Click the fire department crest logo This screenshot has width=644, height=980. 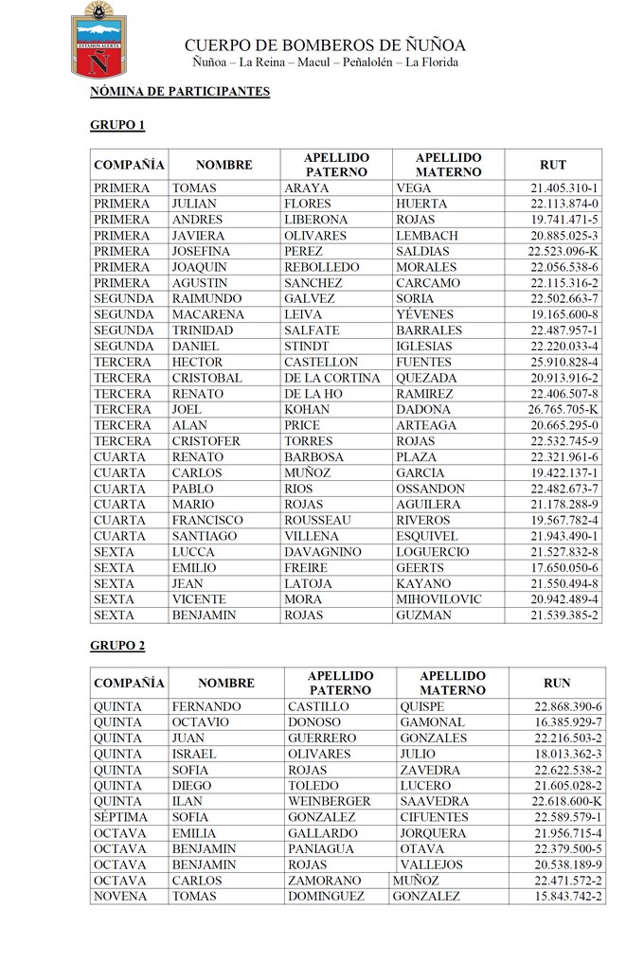98,41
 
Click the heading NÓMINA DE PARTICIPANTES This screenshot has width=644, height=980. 180,92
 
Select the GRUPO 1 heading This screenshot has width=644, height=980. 117,125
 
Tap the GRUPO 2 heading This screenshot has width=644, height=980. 117,646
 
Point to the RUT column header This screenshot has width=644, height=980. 553,165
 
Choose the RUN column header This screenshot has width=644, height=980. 557,683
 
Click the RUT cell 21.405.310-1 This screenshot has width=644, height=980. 564,188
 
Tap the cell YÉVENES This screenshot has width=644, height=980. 425,314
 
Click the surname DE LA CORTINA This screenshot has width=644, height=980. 331,378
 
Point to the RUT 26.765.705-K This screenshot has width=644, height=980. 563,410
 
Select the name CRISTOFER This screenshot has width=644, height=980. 206,441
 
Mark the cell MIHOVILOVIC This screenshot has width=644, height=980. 438,599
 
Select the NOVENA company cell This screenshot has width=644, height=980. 120,896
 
